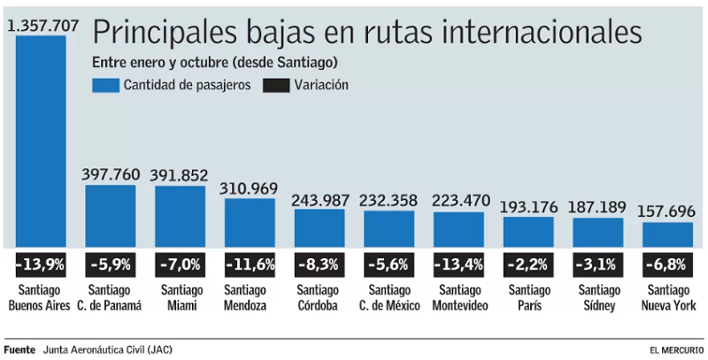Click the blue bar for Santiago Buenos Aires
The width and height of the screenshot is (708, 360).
click(41, 142)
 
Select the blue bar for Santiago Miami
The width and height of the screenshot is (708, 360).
click(180, 217)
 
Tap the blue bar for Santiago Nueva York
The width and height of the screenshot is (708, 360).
click(667, 234)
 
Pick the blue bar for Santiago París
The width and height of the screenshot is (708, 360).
click(528, 232)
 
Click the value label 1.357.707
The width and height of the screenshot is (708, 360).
click(42, 26)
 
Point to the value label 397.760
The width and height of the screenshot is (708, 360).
click(111, 174)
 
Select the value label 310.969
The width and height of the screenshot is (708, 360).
click(250, 188)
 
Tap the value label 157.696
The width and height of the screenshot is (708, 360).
click(667, 212)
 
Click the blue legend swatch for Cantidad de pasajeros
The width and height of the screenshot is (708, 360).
click(105, 85)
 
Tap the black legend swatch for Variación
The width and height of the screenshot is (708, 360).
click(276, 85)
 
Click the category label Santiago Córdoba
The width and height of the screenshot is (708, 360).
click(319, 298)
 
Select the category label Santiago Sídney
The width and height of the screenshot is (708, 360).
click(597, 298)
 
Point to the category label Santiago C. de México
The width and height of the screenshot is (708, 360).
click(389, 298)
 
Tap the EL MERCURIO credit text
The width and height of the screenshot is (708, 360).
click(676, 350)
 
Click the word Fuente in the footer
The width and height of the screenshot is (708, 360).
click(19, 349)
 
